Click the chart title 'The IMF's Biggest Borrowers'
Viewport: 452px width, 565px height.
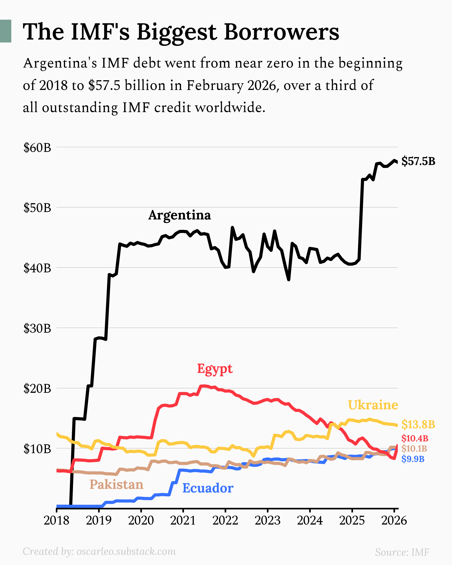coord(181,32)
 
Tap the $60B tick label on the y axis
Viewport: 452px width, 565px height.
coord(37,148)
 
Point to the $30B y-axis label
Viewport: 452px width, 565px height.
coord(37,328)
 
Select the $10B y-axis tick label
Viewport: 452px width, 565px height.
coord(37,449)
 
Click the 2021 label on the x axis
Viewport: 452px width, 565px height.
coord(183,520)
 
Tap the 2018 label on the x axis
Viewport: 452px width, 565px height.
coord(56,520)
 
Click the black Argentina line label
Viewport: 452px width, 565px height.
coord(179,215)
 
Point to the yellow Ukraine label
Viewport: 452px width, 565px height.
coord(373,405)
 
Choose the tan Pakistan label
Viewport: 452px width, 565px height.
coord(116,484)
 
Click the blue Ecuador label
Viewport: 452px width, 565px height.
coord(208,488)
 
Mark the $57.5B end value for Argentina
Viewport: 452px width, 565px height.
coord(418,161)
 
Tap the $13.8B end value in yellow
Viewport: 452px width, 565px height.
coord(418,424)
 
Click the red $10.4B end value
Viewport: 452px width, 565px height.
coord(415,438)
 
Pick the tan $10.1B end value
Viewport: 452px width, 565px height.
coord(414,449)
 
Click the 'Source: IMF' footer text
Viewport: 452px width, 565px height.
coord(402,552)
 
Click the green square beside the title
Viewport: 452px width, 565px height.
coord(5,31)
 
